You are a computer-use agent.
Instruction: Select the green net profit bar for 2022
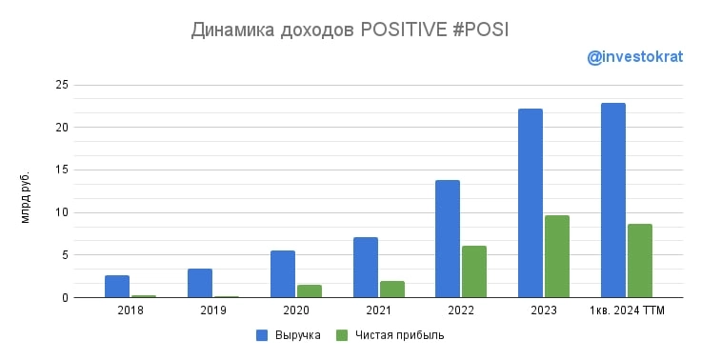474,271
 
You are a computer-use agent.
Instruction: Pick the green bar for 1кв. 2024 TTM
640,260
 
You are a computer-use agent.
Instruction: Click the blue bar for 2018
117,286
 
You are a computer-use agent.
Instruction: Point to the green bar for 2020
309,290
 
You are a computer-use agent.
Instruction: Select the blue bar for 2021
366,267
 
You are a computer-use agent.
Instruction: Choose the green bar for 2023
557,256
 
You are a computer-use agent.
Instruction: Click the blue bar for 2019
200,283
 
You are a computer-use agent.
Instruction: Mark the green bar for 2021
391,289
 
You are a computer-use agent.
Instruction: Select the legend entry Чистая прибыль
399,335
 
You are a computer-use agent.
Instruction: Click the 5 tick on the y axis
63,255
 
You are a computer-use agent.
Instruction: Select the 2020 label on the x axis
295,310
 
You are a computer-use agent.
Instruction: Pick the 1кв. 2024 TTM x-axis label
627,310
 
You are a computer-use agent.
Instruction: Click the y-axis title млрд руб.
26,197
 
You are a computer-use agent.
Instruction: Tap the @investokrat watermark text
635,58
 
